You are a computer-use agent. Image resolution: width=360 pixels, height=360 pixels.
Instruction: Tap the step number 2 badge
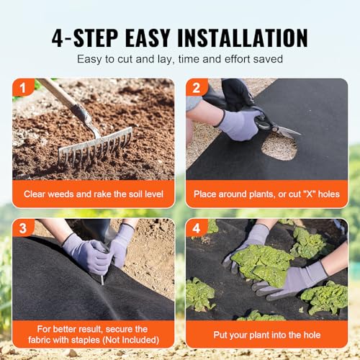point(195,89)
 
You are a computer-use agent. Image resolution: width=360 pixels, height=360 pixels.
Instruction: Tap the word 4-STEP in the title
point(81,37)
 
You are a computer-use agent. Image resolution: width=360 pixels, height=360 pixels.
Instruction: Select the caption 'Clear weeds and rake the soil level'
point(93,194)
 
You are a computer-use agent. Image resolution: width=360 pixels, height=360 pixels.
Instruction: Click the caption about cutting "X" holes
point(266,194)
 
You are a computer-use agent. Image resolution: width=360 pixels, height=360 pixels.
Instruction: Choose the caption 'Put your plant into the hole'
point(266,335)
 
